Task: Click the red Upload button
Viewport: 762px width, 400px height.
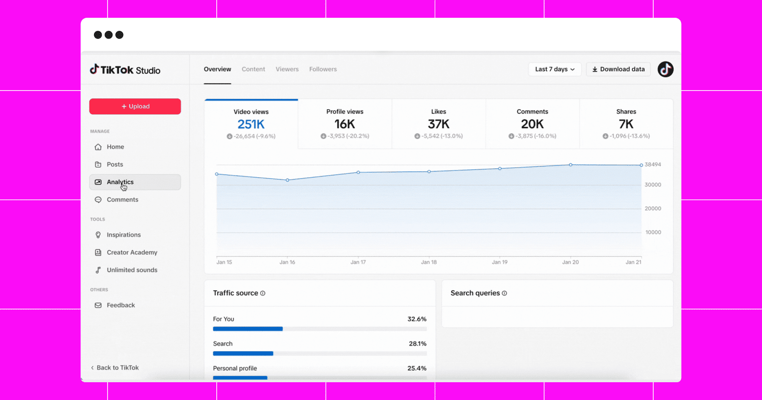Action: click(x=135, y=106)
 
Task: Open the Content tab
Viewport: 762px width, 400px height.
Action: click(x=253, y=69)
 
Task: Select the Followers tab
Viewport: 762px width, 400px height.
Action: click(x=323, y=69)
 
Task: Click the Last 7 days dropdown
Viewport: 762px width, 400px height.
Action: click(x=555, y=69)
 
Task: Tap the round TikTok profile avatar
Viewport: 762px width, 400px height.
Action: click(x=665, y=69)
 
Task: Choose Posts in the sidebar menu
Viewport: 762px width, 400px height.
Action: click(x=115, y=164)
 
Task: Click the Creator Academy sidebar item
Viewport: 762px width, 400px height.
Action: click(x=132, y=252)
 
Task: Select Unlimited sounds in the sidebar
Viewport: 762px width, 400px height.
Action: click(x=132, y=270)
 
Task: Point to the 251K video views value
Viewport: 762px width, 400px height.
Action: click(x=251, y=124)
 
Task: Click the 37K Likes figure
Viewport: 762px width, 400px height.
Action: click(x=439, y=124)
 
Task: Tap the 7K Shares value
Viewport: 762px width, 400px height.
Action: click(x=626, y=124)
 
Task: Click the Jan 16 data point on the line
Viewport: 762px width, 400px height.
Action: click(x=287, y=180)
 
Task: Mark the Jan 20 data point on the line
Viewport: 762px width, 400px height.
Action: click(x=571, y=165)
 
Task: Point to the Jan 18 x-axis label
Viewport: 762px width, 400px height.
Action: click(x=429, y=262)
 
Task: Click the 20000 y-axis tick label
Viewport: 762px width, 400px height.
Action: click(x=653, y=208)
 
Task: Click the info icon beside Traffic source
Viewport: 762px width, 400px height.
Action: click(x=262, y=293)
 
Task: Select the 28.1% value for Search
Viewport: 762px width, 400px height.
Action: click(x=417, y=343)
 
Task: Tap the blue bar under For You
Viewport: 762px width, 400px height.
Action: click(x=248, y=329)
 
